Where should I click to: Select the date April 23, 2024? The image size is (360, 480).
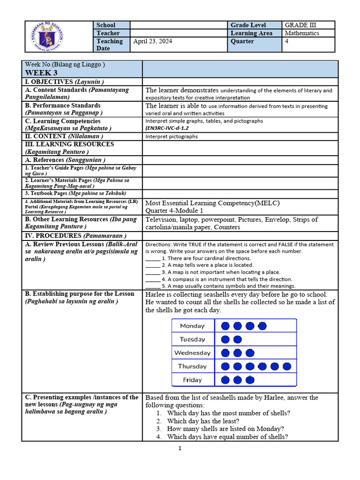pos(152,41)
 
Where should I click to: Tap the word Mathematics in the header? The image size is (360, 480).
pos(302,33)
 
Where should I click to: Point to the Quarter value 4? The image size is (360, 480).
pos(287,41)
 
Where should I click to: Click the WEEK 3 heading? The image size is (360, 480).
pos(41,73)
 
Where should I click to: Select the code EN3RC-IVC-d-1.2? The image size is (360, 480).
pos(167,128)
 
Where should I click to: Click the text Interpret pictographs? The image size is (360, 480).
pos(172,136)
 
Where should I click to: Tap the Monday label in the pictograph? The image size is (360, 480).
pos(192,326)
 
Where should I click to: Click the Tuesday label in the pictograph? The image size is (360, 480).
pos(192,339)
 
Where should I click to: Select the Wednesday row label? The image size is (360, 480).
pos(192,353)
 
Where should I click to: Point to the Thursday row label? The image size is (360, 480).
pos(192,367)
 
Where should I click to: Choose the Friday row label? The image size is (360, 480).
pos(192,380)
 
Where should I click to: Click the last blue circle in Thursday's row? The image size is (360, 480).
pos(287,367)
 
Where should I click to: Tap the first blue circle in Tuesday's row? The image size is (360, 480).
pos(225,339)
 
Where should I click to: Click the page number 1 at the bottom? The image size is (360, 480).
pos(180,448)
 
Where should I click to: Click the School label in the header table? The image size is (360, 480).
pos(106,25)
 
